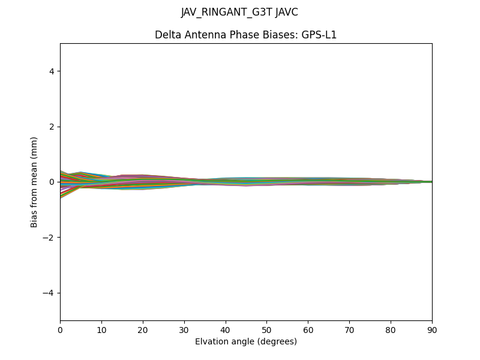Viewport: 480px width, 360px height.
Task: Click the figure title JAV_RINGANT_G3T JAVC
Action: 239,12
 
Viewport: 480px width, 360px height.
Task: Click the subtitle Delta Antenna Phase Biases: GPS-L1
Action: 245,35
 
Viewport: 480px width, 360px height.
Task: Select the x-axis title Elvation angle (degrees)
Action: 246,341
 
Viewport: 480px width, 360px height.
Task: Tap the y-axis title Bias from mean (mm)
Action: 35,182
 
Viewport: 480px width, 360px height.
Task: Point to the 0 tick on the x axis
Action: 60,329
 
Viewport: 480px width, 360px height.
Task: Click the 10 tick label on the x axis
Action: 101,329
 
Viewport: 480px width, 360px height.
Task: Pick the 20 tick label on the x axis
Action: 143,329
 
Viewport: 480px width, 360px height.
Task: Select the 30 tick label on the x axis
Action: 184,329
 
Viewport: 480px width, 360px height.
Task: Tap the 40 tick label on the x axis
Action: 226,329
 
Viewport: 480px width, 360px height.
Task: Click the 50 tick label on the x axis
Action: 266,329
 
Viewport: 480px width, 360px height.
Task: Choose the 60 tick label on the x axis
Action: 308,329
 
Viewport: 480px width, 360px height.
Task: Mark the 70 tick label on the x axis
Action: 349,329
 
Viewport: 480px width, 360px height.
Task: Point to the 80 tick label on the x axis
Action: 391,329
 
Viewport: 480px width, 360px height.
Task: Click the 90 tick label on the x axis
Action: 432,329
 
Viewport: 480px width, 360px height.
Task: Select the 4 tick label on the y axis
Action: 52,71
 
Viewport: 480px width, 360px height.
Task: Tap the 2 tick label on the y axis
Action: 52,127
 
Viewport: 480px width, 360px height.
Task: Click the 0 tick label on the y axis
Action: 52,182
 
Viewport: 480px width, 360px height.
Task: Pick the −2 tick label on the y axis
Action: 49,238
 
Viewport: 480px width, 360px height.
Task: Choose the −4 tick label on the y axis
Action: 49,293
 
